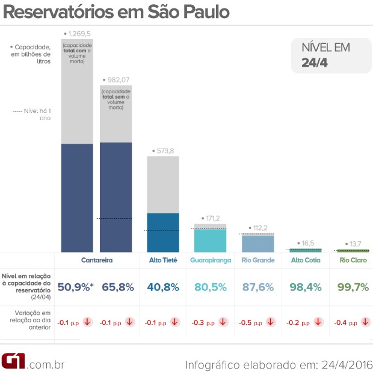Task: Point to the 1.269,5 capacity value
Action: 80,33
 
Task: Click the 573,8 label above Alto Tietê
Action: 163,151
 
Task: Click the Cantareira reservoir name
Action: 97,260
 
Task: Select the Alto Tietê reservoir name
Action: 163,260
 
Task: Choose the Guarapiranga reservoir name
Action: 210,260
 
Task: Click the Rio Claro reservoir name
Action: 353,260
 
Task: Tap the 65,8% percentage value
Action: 117,287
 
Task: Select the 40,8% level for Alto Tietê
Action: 164,287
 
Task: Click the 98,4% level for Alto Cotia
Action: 306,287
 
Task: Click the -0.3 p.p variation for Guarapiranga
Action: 203,322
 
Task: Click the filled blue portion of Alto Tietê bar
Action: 163,233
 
